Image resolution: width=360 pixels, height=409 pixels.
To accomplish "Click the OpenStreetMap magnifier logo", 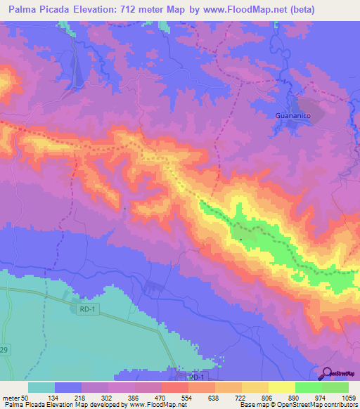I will click(x=327, y=374).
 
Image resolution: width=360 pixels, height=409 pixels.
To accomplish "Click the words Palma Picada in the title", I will click(x=38, y=10).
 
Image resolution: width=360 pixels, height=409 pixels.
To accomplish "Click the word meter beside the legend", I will click(x=11, y=398).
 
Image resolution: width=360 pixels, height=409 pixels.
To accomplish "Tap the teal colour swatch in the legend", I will click(x=41, y=387).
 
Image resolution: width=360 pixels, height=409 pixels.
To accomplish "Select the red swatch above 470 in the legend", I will click(x=175, y=387).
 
